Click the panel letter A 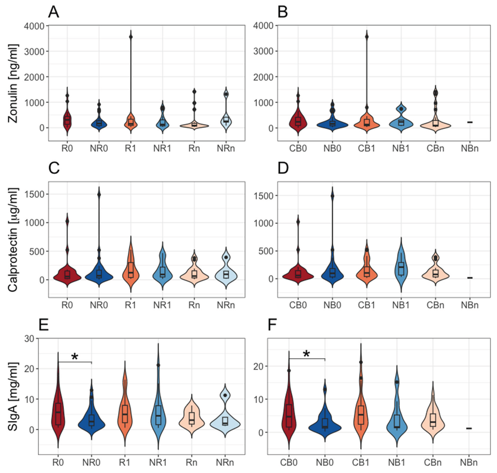[53, 12]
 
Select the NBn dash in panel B [470, 122]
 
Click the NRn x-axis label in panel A [226, 148]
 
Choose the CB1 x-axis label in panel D [367, 305]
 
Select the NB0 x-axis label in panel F [325, 463]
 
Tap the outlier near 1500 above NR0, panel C [99, 195]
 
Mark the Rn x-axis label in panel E [191, 463]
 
